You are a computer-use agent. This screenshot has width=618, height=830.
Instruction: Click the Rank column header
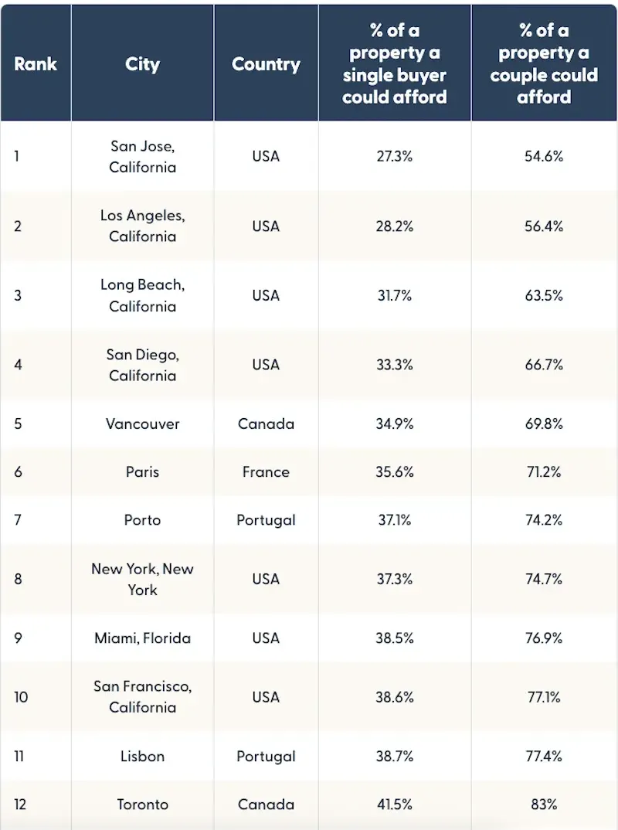(35, 63)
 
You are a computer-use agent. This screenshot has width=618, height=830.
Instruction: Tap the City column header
(142, 63)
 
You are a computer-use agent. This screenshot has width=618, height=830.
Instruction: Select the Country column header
(266, 63)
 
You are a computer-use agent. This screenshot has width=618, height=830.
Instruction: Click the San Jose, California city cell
(142, 156)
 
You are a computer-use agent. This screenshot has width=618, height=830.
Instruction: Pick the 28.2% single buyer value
(395, 226)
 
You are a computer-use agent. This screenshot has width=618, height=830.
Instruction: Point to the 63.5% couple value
(544, 296)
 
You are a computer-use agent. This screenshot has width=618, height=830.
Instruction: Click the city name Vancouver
(142, 424)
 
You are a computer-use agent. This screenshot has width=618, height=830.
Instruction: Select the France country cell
(266, 472)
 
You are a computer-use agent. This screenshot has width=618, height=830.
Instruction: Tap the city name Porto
(142, 520)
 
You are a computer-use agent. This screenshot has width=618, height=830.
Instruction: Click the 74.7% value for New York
(544, 579)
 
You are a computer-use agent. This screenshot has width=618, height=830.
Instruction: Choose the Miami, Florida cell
(142, 638)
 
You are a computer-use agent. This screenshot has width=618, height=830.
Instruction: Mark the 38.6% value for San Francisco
(395, 697)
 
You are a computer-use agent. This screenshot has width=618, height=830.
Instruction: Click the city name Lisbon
(142, 757)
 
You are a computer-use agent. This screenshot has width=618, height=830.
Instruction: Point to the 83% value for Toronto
(544, 804)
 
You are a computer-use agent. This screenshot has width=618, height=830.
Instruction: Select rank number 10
(21, 697)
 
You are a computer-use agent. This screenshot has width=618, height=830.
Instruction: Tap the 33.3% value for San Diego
(395, 365)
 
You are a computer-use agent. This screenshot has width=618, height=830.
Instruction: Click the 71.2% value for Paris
(544, 472)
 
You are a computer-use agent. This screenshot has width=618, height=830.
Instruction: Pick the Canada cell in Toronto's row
(266, 804)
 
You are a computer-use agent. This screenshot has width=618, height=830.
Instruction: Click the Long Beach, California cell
(142, 296)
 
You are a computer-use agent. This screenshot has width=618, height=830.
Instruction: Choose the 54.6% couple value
(544, 156)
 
